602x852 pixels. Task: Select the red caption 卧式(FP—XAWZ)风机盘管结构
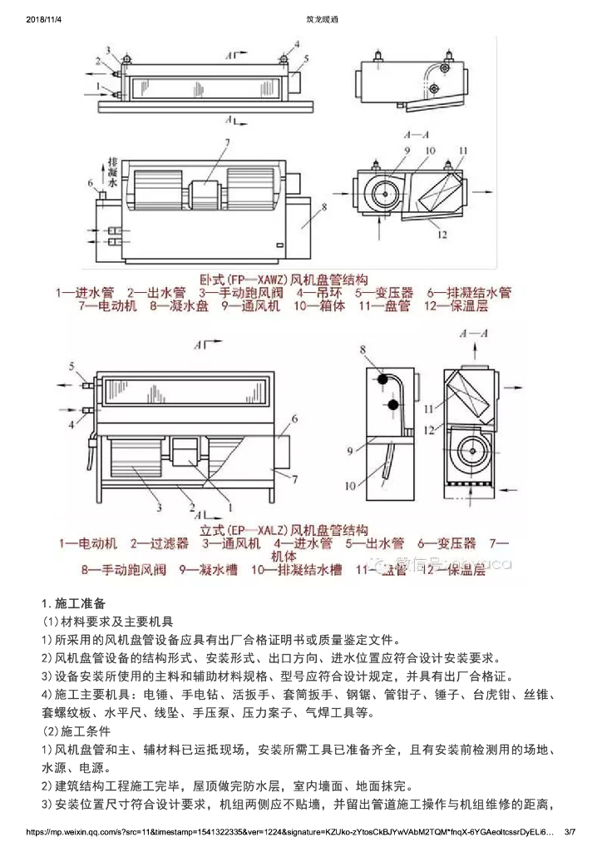pos(284,279)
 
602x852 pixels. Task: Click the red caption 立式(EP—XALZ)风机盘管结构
pos(284,529)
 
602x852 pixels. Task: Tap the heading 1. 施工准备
pos(73,602)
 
